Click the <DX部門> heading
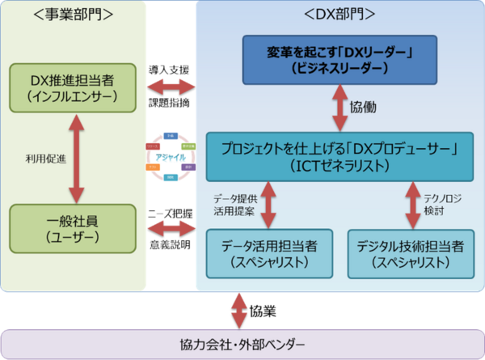339,15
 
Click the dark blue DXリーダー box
339,60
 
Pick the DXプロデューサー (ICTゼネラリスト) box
339,155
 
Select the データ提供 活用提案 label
234,204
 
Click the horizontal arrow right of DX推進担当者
171,84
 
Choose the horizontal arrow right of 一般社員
171,227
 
